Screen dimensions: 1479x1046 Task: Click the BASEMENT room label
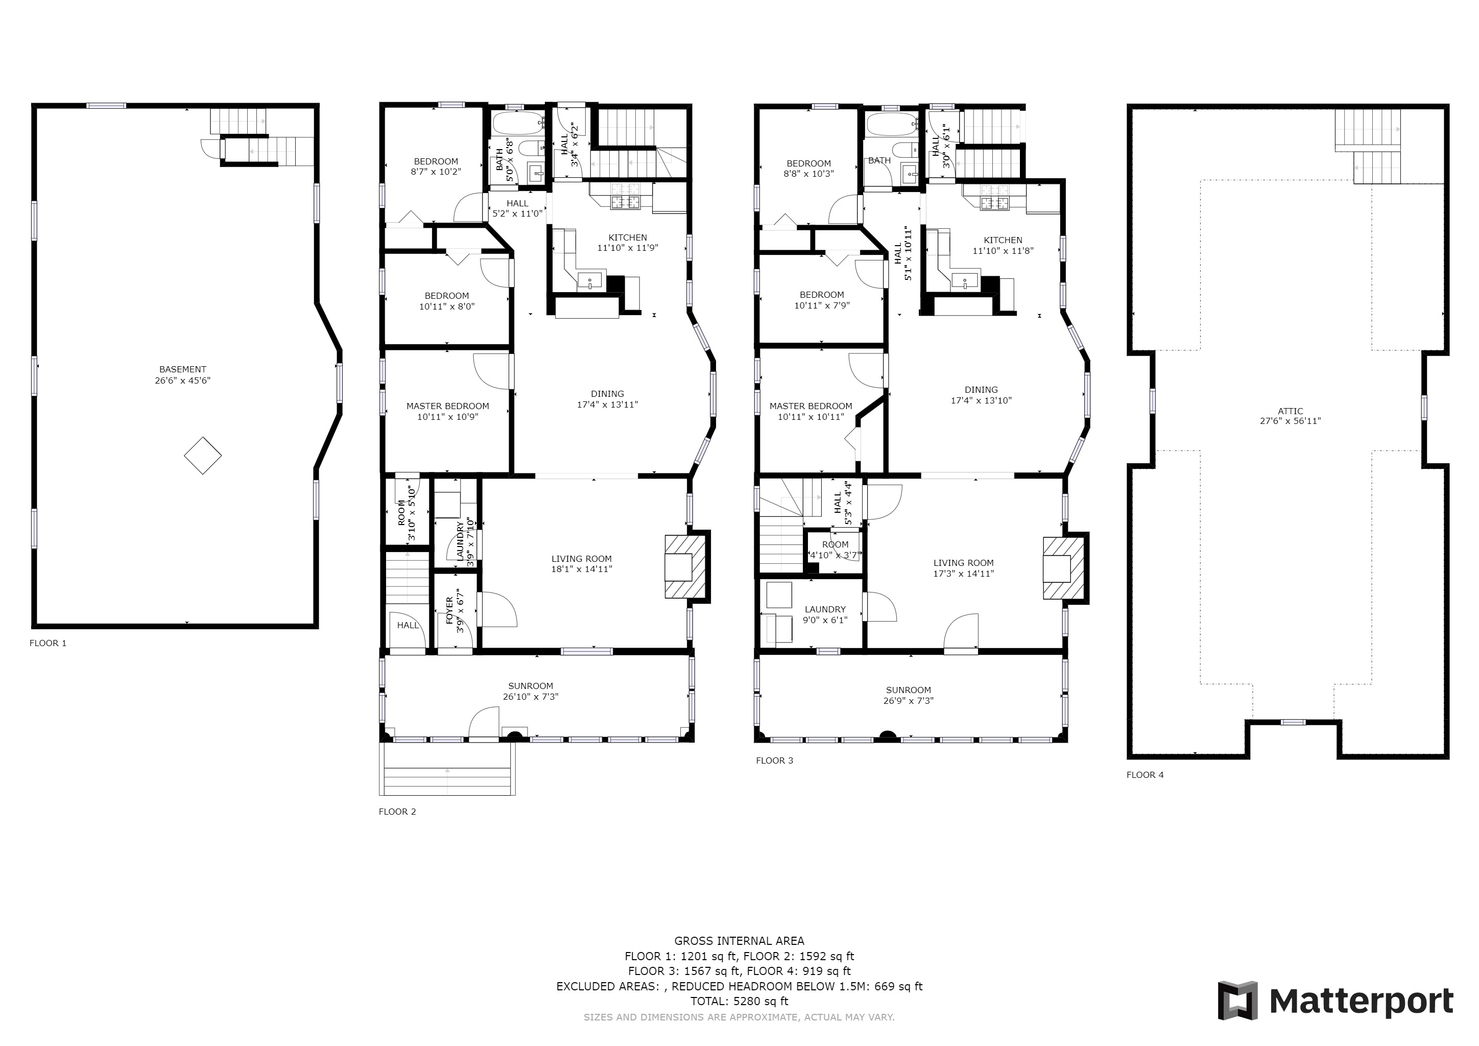click(183, 369)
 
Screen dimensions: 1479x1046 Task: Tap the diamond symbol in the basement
click(203, 456)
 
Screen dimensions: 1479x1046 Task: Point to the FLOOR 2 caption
click(397, 812)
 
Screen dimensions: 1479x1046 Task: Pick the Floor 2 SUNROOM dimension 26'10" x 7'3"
click(531, 696)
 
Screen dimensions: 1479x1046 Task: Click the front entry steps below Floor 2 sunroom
click(447, 769)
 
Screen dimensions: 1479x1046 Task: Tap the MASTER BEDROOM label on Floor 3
click(811, 406)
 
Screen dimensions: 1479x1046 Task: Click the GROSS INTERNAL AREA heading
click(739, 941)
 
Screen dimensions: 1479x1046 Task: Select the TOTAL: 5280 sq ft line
click(739, 1002)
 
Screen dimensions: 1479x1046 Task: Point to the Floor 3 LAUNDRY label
click(825, 609)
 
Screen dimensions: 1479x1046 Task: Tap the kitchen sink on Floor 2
click(589, 281)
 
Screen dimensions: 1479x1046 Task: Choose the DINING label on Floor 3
click(981, 390)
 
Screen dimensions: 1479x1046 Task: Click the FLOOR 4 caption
click(1146, 775)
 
